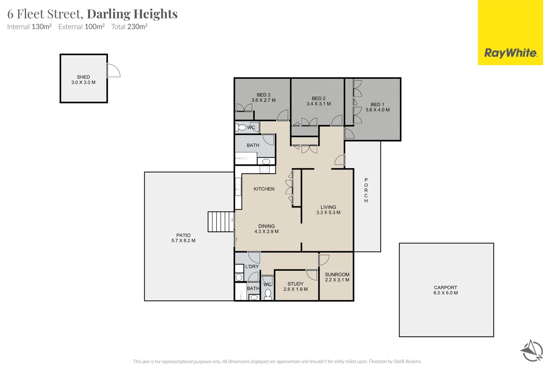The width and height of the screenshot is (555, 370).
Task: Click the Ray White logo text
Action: pyautogui.click(x=510, y=53)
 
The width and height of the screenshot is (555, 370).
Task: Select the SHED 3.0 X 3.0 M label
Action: pyautogui.click(x=83, y=80)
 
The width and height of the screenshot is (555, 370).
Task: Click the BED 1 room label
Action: pyautogui.click(x=377, y=104)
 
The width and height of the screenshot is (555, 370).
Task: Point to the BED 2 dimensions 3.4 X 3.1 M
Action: pyautogui.click(x=319, y=104)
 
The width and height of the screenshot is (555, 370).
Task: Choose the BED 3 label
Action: pyautogui.click(x=263, y=95)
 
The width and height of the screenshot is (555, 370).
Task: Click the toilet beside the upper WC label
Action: pyautogui.click(x=242, y=127)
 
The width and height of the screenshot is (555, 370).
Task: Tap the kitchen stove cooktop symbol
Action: pyautogui.click(x=264, y=169)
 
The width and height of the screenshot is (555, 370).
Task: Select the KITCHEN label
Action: pyautogui.click(x=264, y=189)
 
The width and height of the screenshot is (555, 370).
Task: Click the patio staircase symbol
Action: pyautogui.click(x=221, y=222)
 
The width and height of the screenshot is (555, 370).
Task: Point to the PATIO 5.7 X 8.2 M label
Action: pyautogui.click(x=183, y=238)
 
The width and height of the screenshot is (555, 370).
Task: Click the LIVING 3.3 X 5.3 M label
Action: pyautogui.click(x=328, y=210)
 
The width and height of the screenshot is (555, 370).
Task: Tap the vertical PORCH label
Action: pyautogui.click(x=366, y=190)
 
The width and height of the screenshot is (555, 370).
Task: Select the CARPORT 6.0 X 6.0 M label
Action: pyautogui.click(x=445, y=290)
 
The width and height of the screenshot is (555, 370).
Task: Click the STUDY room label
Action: pyautogui.click(x=295, y=284)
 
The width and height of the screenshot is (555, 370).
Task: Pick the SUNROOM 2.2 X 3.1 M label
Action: pyautogui.click(x=337, y=277)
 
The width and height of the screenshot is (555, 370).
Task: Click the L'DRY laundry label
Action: pyautogui.click(x=252, y=267)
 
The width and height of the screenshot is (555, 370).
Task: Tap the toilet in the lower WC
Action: pyautogui.click(x=268, y=294)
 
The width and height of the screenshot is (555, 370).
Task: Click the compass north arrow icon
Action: pyautogui.click(x=531, y=350)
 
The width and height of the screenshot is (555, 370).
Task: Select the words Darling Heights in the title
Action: pyautogui.click(x=132, y=14)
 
